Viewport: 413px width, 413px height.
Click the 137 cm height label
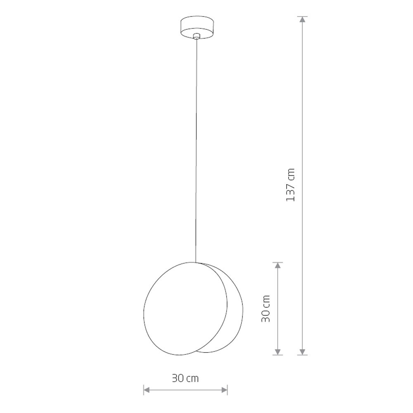290,185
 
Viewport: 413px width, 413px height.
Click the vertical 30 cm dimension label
266,309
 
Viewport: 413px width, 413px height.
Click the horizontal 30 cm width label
185,378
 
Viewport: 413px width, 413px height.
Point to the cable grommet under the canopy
196,36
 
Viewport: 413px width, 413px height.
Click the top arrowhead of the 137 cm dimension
303,19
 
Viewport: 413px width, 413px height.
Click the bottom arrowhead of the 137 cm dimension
303,352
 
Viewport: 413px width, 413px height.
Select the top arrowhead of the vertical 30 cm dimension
278,266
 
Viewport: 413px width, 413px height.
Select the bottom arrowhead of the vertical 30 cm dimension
278,352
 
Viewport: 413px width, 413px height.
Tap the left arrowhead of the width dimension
147,390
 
